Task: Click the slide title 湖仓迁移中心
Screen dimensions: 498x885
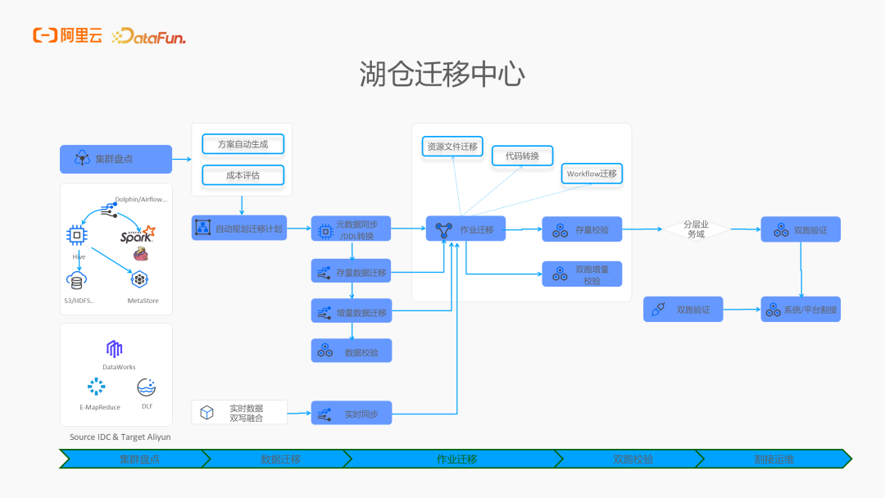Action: [442, 75]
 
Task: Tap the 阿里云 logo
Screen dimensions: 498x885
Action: [67, 35]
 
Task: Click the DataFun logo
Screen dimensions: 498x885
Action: [148, 36]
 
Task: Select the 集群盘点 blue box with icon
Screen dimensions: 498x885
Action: [116, 159]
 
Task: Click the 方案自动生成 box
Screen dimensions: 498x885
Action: [243, 144]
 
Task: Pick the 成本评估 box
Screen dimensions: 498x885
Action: [243, 174]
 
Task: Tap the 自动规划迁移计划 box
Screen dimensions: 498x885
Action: [239, 229]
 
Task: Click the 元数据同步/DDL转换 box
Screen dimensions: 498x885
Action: [351, 229]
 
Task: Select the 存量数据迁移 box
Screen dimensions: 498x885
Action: [351, 271]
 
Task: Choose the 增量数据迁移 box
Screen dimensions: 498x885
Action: [351, 311]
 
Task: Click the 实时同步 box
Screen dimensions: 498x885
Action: [351, 414]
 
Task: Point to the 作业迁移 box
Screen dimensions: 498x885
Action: [465, 229]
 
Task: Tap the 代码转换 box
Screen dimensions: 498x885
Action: [522, 156]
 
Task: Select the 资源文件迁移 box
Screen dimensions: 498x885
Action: [452, 147]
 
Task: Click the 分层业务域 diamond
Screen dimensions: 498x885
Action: [695, 229]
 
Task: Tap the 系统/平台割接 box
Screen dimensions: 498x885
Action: [801, 310]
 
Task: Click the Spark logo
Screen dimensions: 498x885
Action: [137, 237]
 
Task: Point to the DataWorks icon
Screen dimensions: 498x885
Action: [115, 349]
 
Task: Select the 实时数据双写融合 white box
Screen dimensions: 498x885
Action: [239, 412]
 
